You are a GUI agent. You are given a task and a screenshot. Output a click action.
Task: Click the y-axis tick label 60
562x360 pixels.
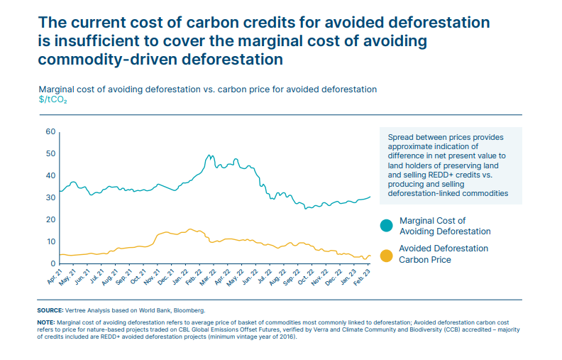(50, 131)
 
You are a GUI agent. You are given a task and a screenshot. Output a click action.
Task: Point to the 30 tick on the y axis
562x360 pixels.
(50, 197)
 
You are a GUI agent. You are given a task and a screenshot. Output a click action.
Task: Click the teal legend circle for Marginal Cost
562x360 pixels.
(387, 226)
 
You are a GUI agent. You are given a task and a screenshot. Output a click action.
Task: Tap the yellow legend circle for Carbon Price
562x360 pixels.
(387, 254)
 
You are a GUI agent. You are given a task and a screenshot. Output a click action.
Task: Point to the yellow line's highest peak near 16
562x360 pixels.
(190, 229)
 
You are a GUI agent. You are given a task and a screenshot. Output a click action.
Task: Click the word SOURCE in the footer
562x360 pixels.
(49, 311)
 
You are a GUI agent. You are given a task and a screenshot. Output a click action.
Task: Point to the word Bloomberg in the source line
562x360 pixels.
(187, 311)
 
